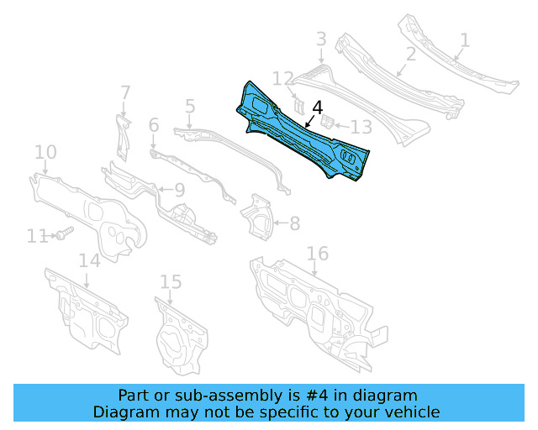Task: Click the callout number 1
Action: click(x=465, y=39)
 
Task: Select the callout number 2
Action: click(x=411, y=55)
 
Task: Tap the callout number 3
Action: click(x=321, y=39)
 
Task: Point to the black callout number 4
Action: click(x=317, y=107)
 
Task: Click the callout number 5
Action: click(x=190, y=107)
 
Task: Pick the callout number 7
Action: click(x=124, y=92)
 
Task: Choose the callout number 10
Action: click(x=45, y=152)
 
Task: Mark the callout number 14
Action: click(x=90, y=260)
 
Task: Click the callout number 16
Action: click(x=317, y=254)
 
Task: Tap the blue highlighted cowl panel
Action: click(x=303, y=134)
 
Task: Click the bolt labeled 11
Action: click(x=64, y=233)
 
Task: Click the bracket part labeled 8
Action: click(x=258, y=216)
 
